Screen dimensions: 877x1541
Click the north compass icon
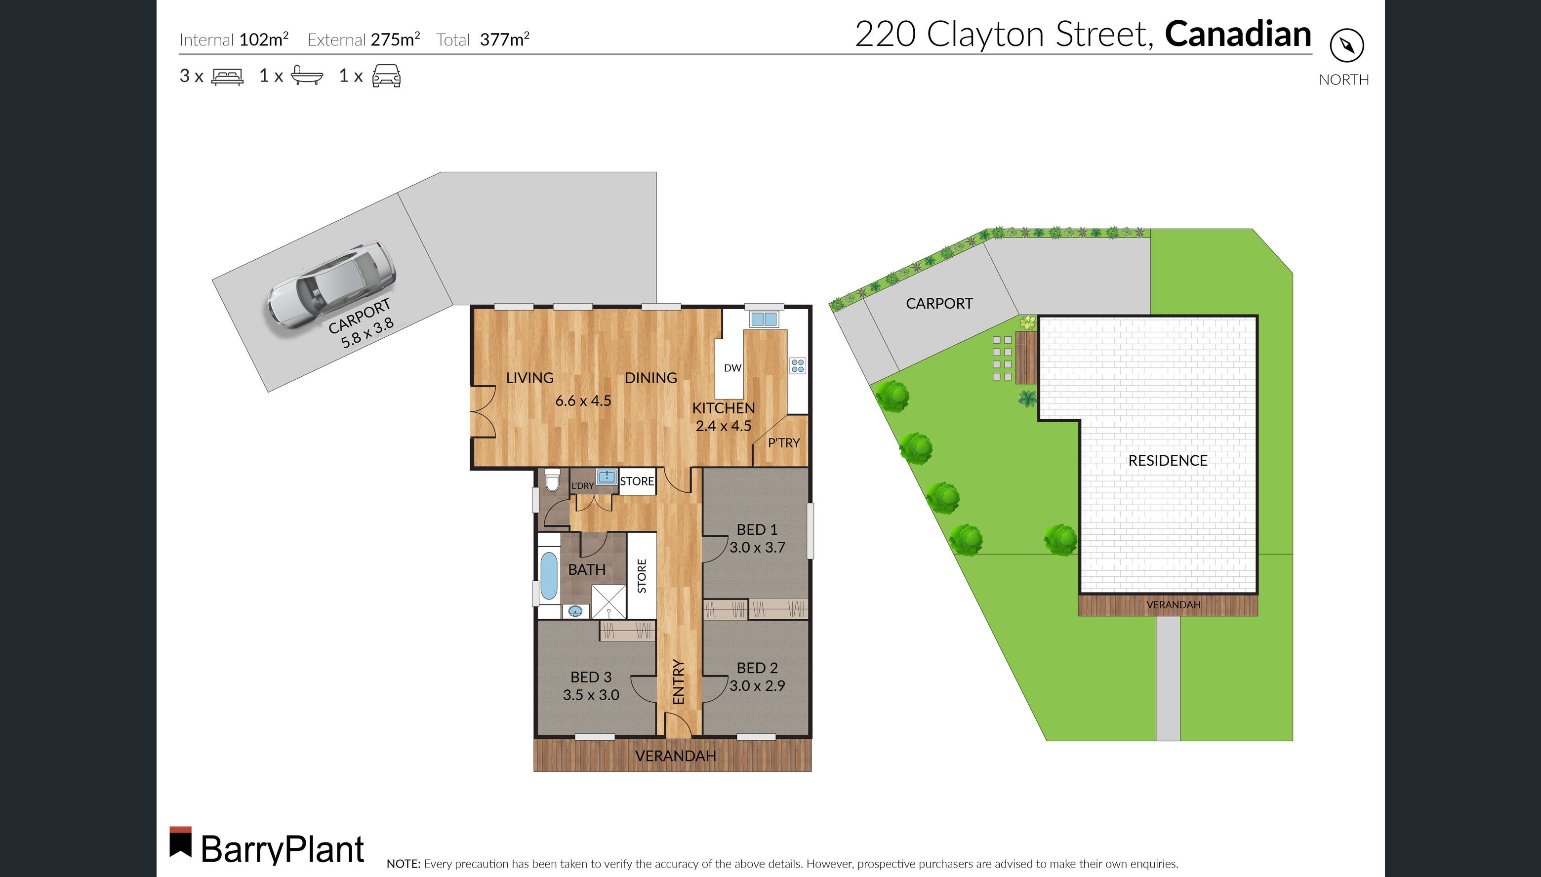1346,45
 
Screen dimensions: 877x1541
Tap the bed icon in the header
227,77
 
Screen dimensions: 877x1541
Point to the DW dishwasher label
732,368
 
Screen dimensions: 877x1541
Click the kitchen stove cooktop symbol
798,365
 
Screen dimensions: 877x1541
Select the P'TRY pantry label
783,443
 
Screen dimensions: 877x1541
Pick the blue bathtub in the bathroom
548,576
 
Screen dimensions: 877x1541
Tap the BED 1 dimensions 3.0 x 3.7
757,548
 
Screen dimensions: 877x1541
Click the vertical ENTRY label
678,682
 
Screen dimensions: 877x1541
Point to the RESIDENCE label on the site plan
1167,461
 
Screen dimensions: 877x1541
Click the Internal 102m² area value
263,40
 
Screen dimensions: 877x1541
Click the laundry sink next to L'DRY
606,478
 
